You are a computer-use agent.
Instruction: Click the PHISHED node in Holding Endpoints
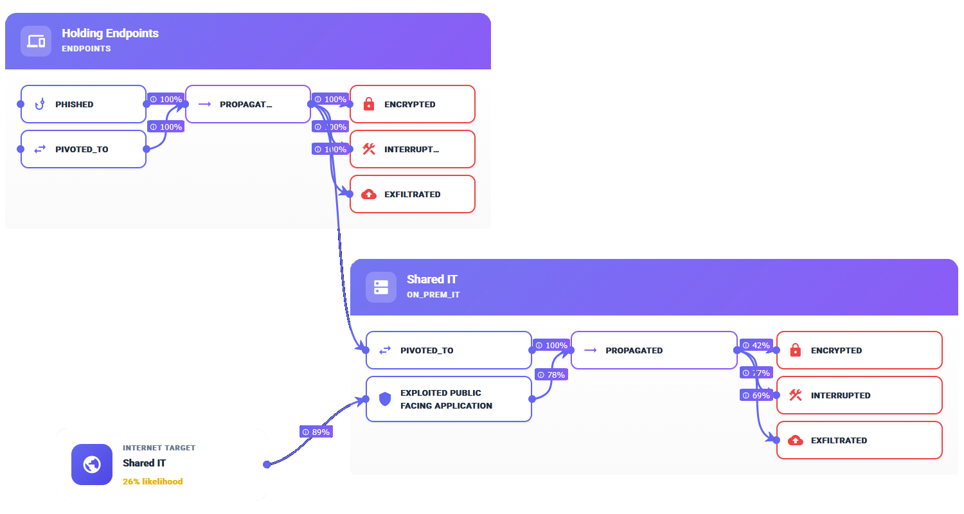(x=84, y=104)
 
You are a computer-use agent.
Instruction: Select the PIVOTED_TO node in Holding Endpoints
(x=84, y=149)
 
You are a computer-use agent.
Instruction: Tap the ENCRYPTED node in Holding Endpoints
(x=412, y=104)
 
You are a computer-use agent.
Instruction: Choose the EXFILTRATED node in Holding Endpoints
(x=412, y=194)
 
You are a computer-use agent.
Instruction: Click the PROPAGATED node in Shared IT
(x=654, y=350)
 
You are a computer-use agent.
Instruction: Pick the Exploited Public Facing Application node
(x=449, y=399)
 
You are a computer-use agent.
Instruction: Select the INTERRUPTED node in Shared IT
(x=859, y=395)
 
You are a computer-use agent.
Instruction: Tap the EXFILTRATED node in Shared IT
(x=859, y=440)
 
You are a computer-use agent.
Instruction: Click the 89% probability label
(x=316, y=432)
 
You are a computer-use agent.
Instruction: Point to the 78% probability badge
(x=551, y=375)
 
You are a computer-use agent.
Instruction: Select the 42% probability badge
(x=756, y=345)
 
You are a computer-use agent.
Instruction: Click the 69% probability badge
(x=756, y=395)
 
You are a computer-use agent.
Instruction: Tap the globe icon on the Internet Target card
(x=92, y=465)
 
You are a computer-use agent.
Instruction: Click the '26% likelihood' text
(x=153, y=481)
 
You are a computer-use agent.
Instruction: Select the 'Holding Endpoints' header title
(x=110, y=33)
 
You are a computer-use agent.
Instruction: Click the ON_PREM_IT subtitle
(x=433, y=295)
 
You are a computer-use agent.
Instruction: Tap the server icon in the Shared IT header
(x=381, y=287)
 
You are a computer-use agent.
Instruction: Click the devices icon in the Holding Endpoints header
(x=36, y=41)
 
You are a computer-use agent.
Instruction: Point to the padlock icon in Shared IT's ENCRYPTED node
(x=795, y=350)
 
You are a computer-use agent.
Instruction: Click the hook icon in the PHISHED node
(x=40, y=104)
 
